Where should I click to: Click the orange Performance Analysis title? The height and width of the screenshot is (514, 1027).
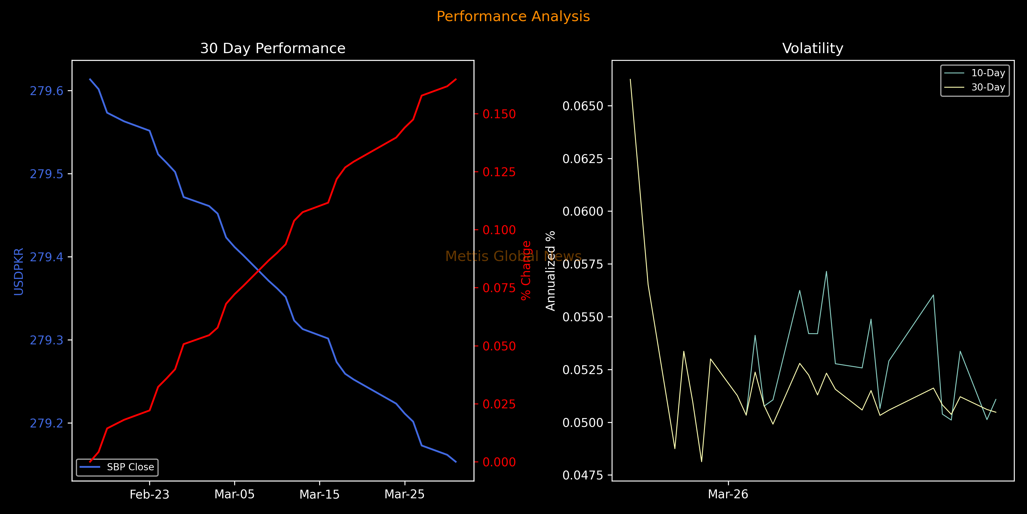pos(513,16)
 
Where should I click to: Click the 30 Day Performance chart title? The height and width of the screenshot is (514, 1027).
pos(273,48)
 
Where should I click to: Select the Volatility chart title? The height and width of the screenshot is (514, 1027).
pos(812,48)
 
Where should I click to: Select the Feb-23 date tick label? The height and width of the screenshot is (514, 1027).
pos(149,495)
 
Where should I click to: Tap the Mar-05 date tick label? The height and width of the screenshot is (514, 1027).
pos(234,495)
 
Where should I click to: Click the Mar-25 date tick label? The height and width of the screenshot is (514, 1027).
pos(404,495)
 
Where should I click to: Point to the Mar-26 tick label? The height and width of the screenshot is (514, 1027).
pos(728,495)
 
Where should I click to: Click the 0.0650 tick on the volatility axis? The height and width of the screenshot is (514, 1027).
pos(583,106)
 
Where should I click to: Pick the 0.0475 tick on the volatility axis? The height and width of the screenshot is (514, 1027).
pos(583,475)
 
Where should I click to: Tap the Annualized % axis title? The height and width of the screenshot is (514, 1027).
pos(551,271)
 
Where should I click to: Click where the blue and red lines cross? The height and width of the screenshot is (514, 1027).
pos(259,271)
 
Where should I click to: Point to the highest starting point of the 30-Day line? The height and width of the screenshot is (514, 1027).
pos(630,79)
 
